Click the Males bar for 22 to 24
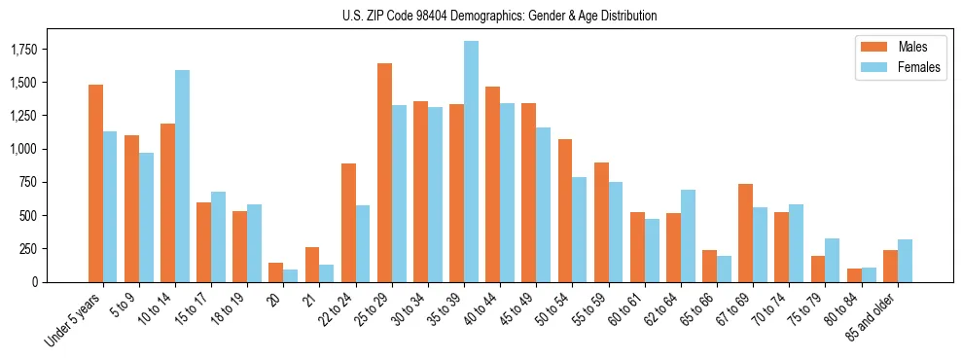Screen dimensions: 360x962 click(x=348, y=223)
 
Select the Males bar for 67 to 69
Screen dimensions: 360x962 click(x=745, y=233)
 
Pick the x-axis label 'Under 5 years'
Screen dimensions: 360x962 click(x=74, y=321)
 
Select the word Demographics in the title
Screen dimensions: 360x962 click(x=506, y=16)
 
